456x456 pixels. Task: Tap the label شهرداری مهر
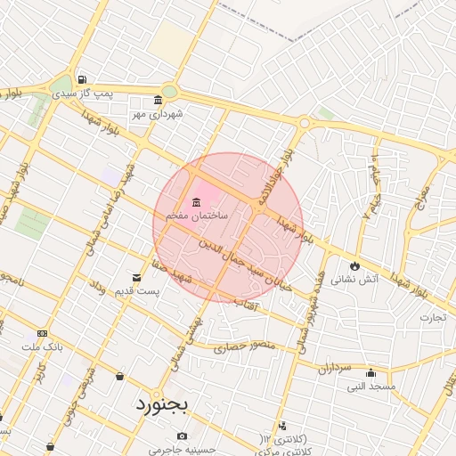(158, 114)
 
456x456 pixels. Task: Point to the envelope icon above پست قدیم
(136, 278)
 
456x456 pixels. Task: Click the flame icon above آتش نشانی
(354, 265)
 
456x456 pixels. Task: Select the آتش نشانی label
(354, 279)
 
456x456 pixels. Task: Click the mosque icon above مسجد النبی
(370, 374)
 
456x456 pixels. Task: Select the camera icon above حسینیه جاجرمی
(182, 436)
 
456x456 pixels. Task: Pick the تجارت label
(434, 317)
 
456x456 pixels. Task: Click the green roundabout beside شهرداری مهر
(169, 92)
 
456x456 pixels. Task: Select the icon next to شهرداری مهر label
(159, 100)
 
